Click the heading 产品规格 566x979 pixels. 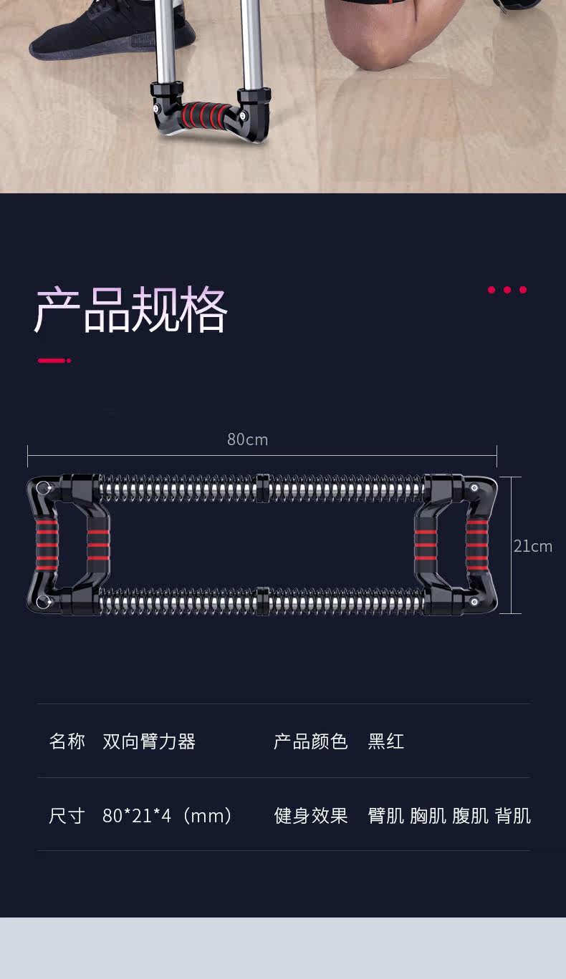pos(130,311)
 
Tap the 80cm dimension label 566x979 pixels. pos(247,439)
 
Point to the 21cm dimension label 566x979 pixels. pos(532,546)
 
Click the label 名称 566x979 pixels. pos(67,741)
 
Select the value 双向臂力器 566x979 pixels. pos(149,741)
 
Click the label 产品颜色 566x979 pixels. pos(310,741)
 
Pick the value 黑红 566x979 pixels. pos(386,741)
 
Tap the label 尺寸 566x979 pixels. pos(67,816)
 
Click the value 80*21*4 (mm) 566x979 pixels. pos(168,816)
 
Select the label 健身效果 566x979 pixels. pos(310,816)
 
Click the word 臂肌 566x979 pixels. pos(386,816)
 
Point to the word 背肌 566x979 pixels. pos(513,816)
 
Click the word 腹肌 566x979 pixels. pos(471,816)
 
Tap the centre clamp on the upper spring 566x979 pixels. pos(262,487)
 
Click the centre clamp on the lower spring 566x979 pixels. pos(262,601)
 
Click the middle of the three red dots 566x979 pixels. pos(507,290)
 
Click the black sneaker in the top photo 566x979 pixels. pos(111,32)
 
